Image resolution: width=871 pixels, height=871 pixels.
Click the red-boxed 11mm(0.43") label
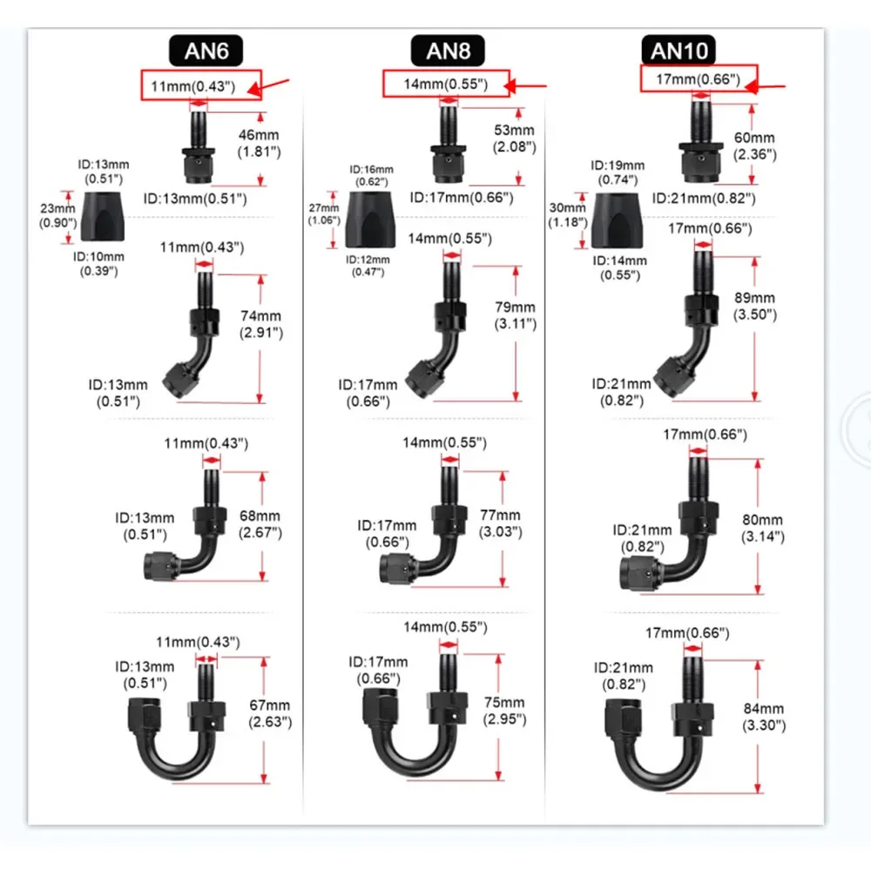[x=199, y=85]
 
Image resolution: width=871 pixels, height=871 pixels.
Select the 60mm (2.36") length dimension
[x=754, y=145]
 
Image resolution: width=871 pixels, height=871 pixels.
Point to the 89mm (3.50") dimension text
[x=754, y=306]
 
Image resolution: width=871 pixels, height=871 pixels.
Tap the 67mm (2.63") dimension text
[x=268, y=712]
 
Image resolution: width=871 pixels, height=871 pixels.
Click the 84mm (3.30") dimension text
[x=762, y=716]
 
